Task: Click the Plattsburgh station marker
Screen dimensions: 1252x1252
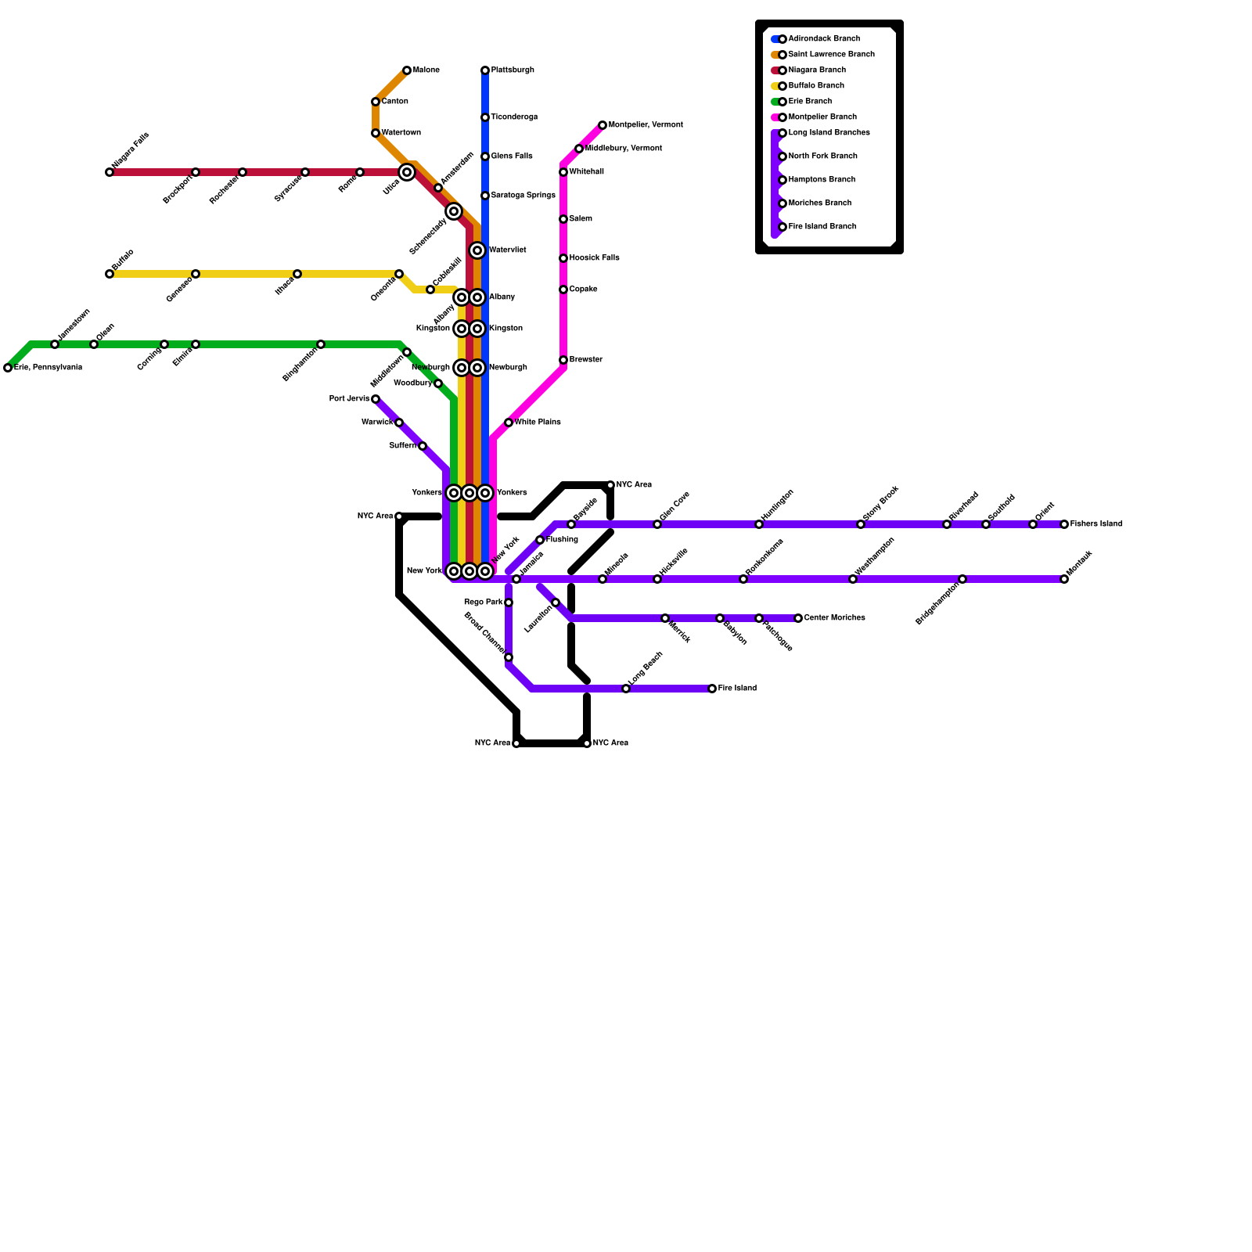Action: pyautogui.click(x=485, y=70)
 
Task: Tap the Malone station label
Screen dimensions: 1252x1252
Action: pyautogui.click(x=426, y=70)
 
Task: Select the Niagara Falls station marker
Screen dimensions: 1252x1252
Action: pyautogui.click(x=110, y=172)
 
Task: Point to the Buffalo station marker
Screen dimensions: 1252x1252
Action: pyautogui.click(x=110, y=274)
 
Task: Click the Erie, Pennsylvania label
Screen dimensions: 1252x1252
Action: pyautogui.click(x=48, y=368)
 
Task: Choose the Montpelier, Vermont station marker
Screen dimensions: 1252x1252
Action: pyautogui.click(x=603, y=125)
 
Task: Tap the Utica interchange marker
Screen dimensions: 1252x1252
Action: pyautogui.click(x=407, y=172)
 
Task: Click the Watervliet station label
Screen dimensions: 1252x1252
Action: pyautogui.click(x=507, y=250)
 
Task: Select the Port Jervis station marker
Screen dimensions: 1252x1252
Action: pyautogui.click(x=376, y=399)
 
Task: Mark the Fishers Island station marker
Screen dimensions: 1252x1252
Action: pyautogui.click(x=1064, y=524)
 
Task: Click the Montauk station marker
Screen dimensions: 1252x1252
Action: pyautogui.click(x=1064, y=579)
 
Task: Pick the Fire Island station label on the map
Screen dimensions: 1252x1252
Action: pyautogui.click(x=737, y=689)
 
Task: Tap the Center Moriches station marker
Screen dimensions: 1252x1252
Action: pyautogui.click(x=798, y=618)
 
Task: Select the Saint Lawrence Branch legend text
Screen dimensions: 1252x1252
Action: pyautogui.click(x=832, y=55)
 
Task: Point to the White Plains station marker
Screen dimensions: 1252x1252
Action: pyautogui.click(x=509, y=423)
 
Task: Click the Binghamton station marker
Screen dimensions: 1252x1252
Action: pyautogui.click(x=321, y=344)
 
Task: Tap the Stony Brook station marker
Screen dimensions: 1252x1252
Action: pyautogui.click(x=861, y=524)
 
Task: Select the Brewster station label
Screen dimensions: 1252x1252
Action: pyautogui.click(x=586, y=360)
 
